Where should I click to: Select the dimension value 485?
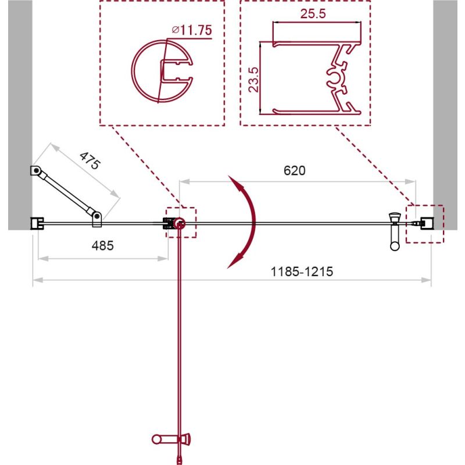click(x=102, y=245)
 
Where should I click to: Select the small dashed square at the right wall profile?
click(x=424, y=223)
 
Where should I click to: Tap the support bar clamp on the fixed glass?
click(x=96, y=219)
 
